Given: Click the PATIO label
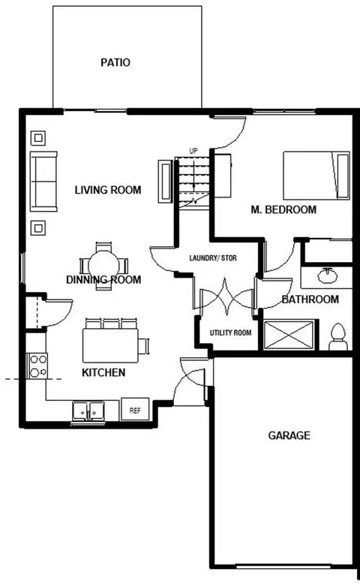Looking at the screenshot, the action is (x=115, y=62).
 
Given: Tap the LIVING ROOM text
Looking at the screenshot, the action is (x=108, y=190).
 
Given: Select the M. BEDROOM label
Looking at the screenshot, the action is (x=283, y=209).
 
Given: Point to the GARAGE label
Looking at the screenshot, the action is (x=289, y=435).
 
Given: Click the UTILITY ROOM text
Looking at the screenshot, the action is (x=230, y=333).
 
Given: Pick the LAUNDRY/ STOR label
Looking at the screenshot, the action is (x=213, y=257).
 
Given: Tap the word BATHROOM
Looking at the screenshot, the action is (x=310, y=300).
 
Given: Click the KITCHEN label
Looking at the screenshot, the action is (x=103, y=372).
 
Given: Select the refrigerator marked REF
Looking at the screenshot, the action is (x=135, y=409).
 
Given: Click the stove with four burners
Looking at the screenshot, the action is (x=37, y=366).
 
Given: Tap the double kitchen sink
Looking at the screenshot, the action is (x=88, y=411).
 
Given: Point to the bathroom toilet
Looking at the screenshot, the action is (x=338, y=337).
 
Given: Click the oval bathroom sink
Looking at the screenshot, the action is (x=328, y=276).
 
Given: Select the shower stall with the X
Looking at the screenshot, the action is (x=289, y=335).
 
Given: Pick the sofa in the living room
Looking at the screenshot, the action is (x=43, y=182).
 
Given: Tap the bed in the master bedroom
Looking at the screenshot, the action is (x=316, y=176).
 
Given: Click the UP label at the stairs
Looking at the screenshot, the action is (x=193, y=151).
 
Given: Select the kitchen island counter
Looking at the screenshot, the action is (x=110, y=345).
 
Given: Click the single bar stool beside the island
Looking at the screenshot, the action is (x=145, y=346).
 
